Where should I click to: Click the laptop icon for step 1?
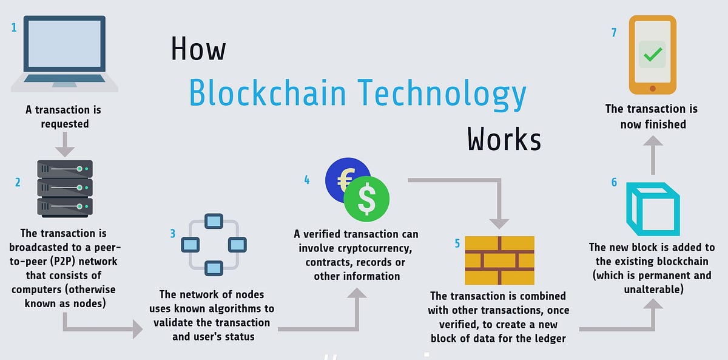click(64, 53)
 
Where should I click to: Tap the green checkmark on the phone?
click(653, 55)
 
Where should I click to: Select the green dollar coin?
click(366, 199)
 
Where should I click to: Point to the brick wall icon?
click(499, 260)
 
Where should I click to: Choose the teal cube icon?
click(653, 209)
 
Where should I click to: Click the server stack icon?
click(65, 189)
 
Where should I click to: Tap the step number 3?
click(172, 234)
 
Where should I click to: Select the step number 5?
click(457, 243)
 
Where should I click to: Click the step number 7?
click(613, 32)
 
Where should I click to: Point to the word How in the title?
click(198, 49)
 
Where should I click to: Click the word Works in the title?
click(504, 139)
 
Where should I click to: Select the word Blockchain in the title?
click(267, 93)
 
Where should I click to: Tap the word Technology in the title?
click(442, 94)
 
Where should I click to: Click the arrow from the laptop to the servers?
click(65, 144)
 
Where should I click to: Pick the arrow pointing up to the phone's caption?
click(653, 155)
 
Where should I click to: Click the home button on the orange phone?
click(653, 88)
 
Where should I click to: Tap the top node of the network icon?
click(214, 221)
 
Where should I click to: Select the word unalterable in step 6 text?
click(654, 290)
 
